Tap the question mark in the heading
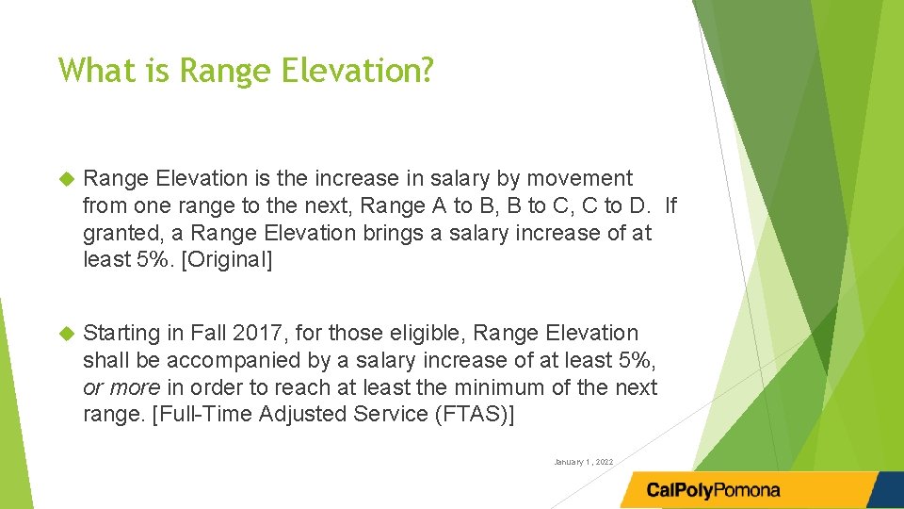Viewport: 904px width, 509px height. (426, 69)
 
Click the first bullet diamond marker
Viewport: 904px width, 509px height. (66, 178)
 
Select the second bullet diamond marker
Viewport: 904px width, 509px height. (66, 333)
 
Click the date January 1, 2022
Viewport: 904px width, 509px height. (584, 462)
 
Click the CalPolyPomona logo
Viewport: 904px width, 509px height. (713, 490)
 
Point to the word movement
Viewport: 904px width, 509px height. (579, 178)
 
